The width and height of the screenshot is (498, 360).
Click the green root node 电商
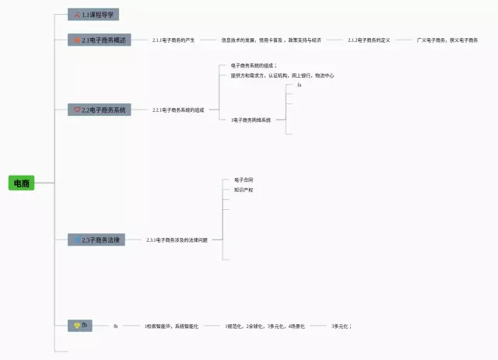click(21, 183)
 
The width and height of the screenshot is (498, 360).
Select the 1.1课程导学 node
click(93, 15)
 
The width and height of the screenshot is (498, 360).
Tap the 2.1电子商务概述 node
click(100, 40)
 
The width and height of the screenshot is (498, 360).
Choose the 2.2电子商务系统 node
click(100, 110)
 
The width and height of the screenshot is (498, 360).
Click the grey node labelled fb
click(81, 326)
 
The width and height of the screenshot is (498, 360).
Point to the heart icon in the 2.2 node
click(77, 110)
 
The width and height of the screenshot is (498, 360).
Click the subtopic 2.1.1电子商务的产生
click(174, 40)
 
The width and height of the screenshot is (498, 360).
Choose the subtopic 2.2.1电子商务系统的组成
click(178, 110)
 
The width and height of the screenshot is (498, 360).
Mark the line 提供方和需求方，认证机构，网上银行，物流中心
click(282, 75)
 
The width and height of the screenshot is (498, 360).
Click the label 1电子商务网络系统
click(251, 121)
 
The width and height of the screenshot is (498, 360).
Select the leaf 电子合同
click(244, 180)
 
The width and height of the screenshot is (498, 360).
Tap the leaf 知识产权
click(244, 190)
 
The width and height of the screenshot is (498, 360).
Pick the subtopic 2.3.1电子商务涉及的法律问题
click(177, 240)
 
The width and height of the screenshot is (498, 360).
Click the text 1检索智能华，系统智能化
click(171, 327)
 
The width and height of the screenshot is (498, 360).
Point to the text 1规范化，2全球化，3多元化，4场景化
click(265, 327)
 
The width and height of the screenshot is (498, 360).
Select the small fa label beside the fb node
click(115, 327)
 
